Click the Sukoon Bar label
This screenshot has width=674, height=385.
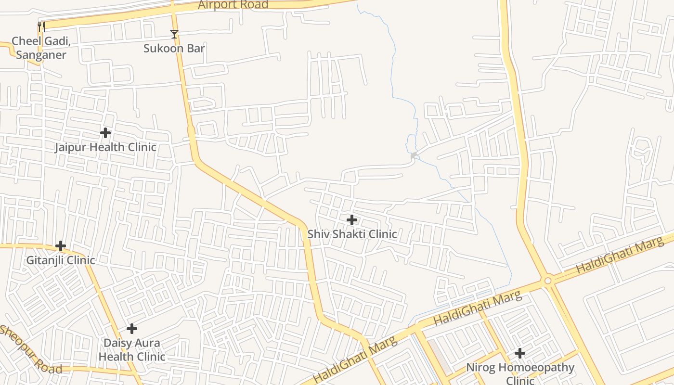tap(174, 49)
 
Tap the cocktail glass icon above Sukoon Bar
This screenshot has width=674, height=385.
tap(174, 34)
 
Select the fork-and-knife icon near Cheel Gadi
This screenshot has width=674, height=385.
tap(41, 27)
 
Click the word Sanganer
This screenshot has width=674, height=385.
tap(41, 55)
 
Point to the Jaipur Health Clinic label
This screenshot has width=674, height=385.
tap(105, 147)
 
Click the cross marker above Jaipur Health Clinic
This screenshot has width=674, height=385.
tap(105, 132)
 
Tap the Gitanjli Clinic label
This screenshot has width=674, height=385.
tap(61, 260)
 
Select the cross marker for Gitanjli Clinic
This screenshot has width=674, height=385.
tap(61, 246)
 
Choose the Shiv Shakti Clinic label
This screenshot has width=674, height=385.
tap(352, 234)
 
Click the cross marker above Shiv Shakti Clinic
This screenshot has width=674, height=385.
tap(352, 220)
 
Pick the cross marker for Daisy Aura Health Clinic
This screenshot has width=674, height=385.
tap(132, 329)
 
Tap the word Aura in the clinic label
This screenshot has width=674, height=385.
tap(148, 343)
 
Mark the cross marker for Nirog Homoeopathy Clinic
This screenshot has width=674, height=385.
tap(519, 353)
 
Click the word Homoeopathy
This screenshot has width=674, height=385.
tap(536, 368)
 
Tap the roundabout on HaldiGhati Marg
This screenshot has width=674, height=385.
tap(547, 280)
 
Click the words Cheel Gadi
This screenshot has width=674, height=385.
tap(41, 41)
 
